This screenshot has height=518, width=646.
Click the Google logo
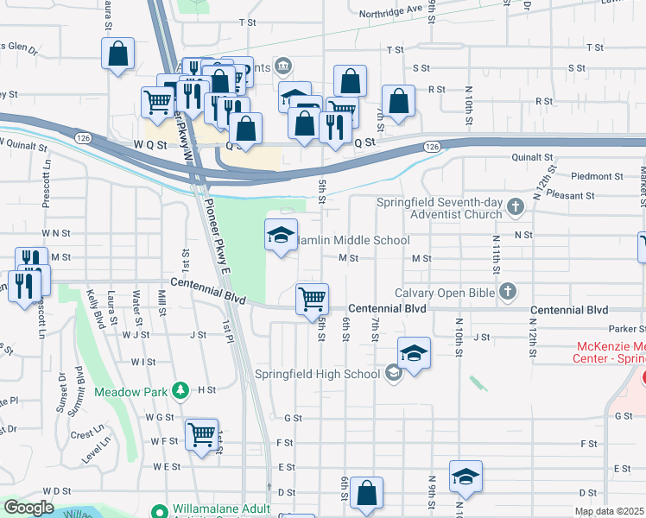pyautogui.click(x=28, y=508)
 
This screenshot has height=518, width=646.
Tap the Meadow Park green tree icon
pyautogui.click(x=180, y=389)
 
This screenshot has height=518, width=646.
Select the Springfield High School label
pyautogui.click(x=317, y=374)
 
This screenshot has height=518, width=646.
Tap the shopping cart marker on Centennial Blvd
pyautogui.click(x=312, y=300)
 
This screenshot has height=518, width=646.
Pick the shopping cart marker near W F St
pyautogui.click(x=201, y=433)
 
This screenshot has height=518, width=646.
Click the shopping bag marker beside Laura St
pyautogui.click(x=117, y=54)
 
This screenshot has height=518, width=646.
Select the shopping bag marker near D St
pyautogui.click(x=366, y=494)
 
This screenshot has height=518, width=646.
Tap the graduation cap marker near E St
pyautogui.click(x=465, y=476)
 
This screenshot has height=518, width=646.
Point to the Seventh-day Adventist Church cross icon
pyautogui.click(x=516, y=207)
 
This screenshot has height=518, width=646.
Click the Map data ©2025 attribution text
pyautogui.click(x=609, y=511)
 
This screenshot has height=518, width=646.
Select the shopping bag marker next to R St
pyautogui.click(x=398, y=101)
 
